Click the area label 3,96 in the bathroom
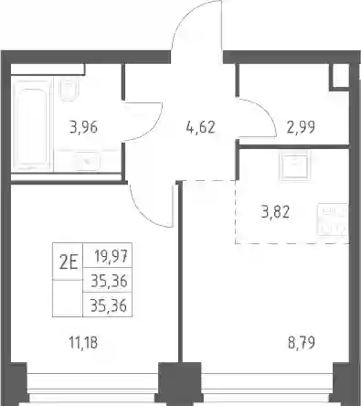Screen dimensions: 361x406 (x=84, y=127)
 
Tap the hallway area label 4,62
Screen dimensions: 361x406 (x=201, y=127)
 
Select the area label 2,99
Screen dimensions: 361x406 (x=301, y=127)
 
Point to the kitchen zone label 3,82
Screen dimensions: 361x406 (x=275, y=212)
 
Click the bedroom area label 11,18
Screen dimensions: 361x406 (x=84, y=343)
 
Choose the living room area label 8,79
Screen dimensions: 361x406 (x=302, y=343)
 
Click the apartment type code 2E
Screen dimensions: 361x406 (x=69, y=262)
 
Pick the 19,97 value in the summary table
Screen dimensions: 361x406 (x=111, y=256)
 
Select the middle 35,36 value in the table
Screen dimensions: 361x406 (x=109, y=281)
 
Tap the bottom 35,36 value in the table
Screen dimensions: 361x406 (x=109, y=305)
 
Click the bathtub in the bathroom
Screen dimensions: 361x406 (x=32, y=124)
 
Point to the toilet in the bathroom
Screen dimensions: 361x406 (x=69, y=89)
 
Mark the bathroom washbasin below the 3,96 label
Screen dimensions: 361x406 (x=87, y=161)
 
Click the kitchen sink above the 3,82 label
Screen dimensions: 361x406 (x=294, y=166)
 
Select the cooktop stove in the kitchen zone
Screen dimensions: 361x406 (x=333, y=219)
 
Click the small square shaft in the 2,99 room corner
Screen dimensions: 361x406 (x=340, y=77)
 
